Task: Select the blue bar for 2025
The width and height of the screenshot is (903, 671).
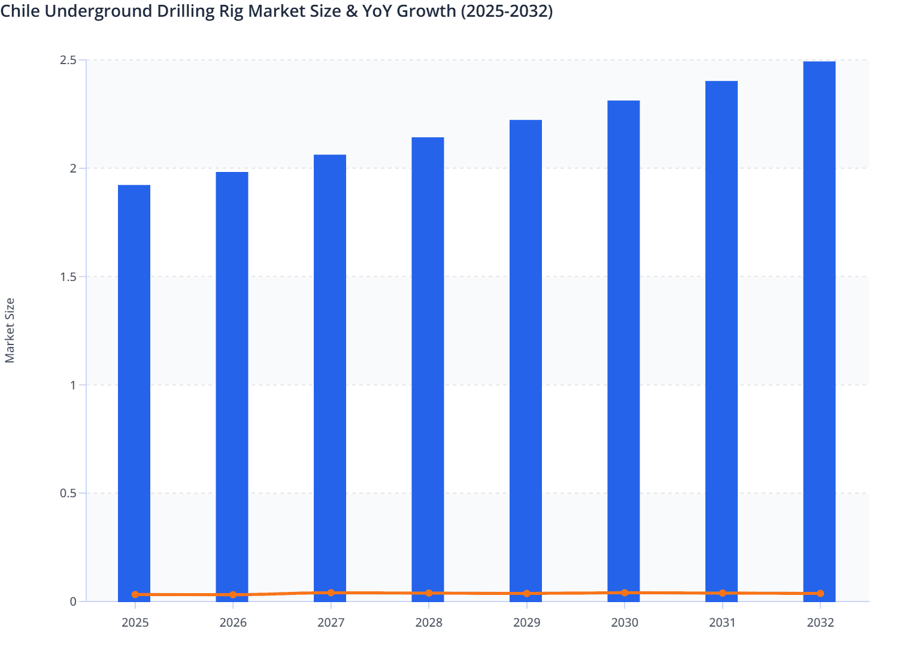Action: [x=134, y=389]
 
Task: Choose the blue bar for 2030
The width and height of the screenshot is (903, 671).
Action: [x=623, y=347]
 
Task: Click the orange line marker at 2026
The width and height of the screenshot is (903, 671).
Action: [x=233, y=595]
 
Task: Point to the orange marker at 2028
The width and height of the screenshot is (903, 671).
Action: [x=429, y=593]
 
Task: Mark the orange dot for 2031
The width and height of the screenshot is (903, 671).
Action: [x=722, y=593]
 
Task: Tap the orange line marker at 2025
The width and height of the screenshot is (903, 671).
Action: [x=135, y=595]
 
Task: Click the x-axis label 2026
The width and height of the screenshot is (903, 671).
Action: [x=233, y=623]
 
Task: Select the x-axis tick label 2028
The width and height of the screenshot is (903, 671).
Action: [x=429, y=623]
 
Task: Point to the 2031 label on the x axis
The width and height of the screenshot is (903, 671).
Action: [x=722, y=623]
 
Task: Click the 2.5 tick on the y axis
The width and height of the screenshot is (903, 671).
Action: [x=68, y=61]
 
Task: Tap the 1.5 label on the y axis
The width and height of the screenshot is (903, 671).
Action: [x=68, y=277]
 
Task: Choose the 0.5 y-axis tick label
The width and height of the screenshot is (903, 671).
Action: [x=68, y=494]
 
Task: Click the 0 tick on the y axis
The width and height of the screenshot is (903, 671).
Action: [x=73, y=602]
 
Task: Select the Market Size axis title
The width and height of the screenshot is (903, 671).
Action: [x=10, y=331]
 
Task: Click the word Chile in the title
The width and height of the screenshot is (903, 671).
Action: [x=20, y=11]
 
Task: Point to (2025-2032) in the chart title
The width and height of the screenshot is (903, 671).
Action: [x=507, y=11]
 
